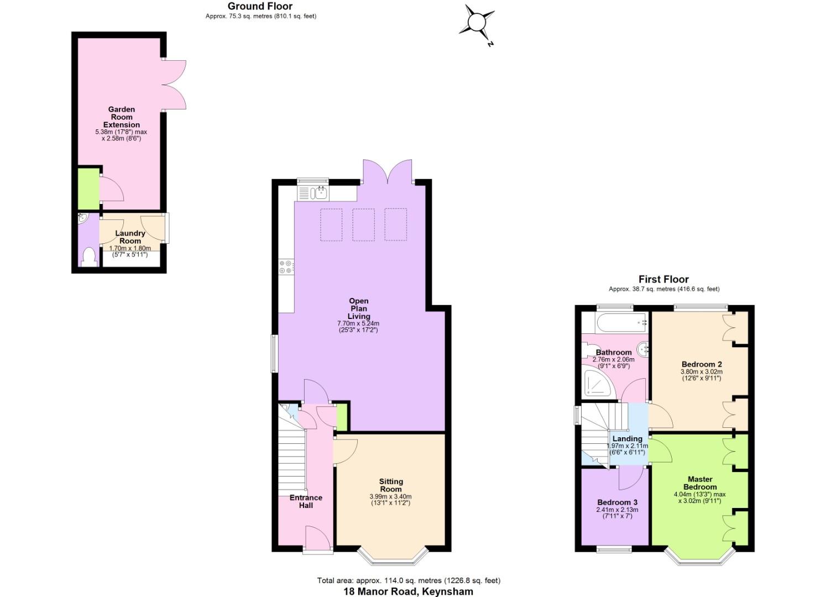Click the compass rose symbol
(x=477, y=23)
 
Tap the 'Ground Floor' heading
(x=260, y=6)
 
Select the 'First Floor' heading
(x=663, y=279)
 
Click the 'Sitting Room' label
(x=390, y=485)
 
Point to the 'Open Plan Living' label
(x=358, y=308)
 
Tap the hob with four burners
(x=286, y=267)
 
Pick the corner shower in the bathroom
(x=598, y=384)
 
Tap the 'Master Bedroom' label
(x=700, y=483)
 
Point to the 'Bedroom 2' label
(x=701, y=364)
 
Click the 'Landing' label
(x=627, y=439)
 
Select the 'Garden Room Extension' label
(x=122, y=117)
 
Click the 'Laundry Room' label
(x=130, y=237)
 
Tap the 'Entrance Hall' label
(x=306, y=501)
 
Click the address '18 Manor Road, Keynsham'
(x=408, y=591)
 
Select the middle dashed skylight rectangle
(x=363, y=224)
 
